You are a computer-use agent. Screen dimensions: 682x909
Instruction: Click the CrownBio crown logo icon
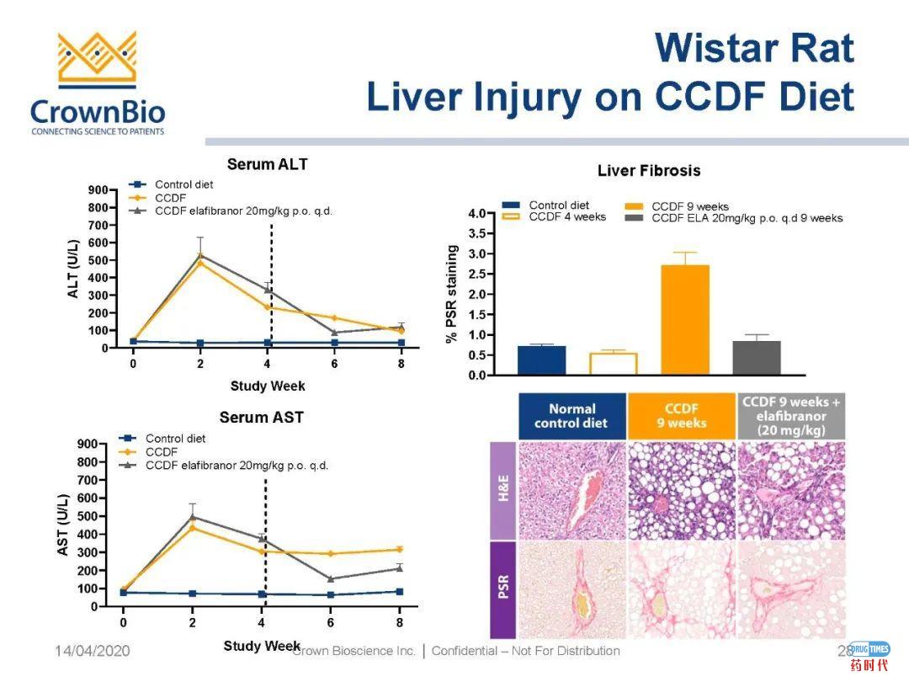[x=97, y=61]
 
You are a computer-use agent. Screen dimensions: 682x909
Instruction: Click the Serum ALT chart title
[x=267, y=164]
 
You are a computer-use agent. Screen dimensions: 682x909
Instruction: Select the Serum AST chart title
[x=261, y=417]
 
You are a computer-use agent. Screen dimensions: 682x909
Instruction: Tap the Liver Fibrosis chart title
[x=648, y=171]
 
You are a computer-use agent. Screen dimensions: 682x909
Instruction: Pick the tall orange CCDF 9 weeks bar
[x=685, y=320]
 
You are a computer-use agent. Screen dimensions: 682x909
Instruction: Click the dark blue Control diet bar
[x=541, y=360]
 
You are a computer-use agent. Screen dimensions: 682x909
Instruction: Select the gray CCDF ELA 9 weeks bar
[x=757, y=358]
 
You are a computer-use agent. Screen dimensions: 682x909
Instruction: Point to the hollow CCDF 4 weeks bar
[x=613, y=364]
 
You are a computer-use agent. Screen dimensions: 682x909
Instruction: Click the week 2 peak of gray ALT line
[x=200, y=254]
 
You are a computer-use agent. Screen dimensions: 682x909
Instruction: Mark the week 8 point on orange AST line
[x=400, y=550]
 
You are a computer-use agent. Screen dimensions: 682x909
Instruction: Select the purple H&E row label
[x=503, y=493]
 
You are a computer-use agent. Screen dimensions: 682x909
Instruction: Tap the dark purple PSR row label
[x=503, y=589]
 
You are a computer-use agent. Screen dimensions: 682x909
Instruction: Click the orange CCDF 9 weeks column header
[x=681, y=416]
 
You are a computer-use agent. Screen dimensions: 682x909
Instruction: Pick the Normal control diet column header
[x=572, y=416]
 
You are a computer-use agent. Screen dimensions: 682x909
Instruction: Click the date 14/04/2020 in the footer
[x=93, y=651]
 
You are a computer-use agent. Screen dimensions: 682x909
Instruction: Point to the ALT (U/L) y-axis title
[x=73, y=270]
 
